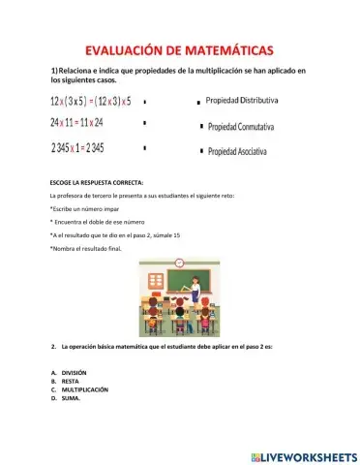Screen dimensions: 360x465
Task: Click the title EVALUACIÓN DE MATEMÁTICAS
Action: click(x=179, y=49)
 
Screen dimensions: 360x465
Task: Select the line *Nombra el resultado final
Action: click(x=87, y=249)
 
